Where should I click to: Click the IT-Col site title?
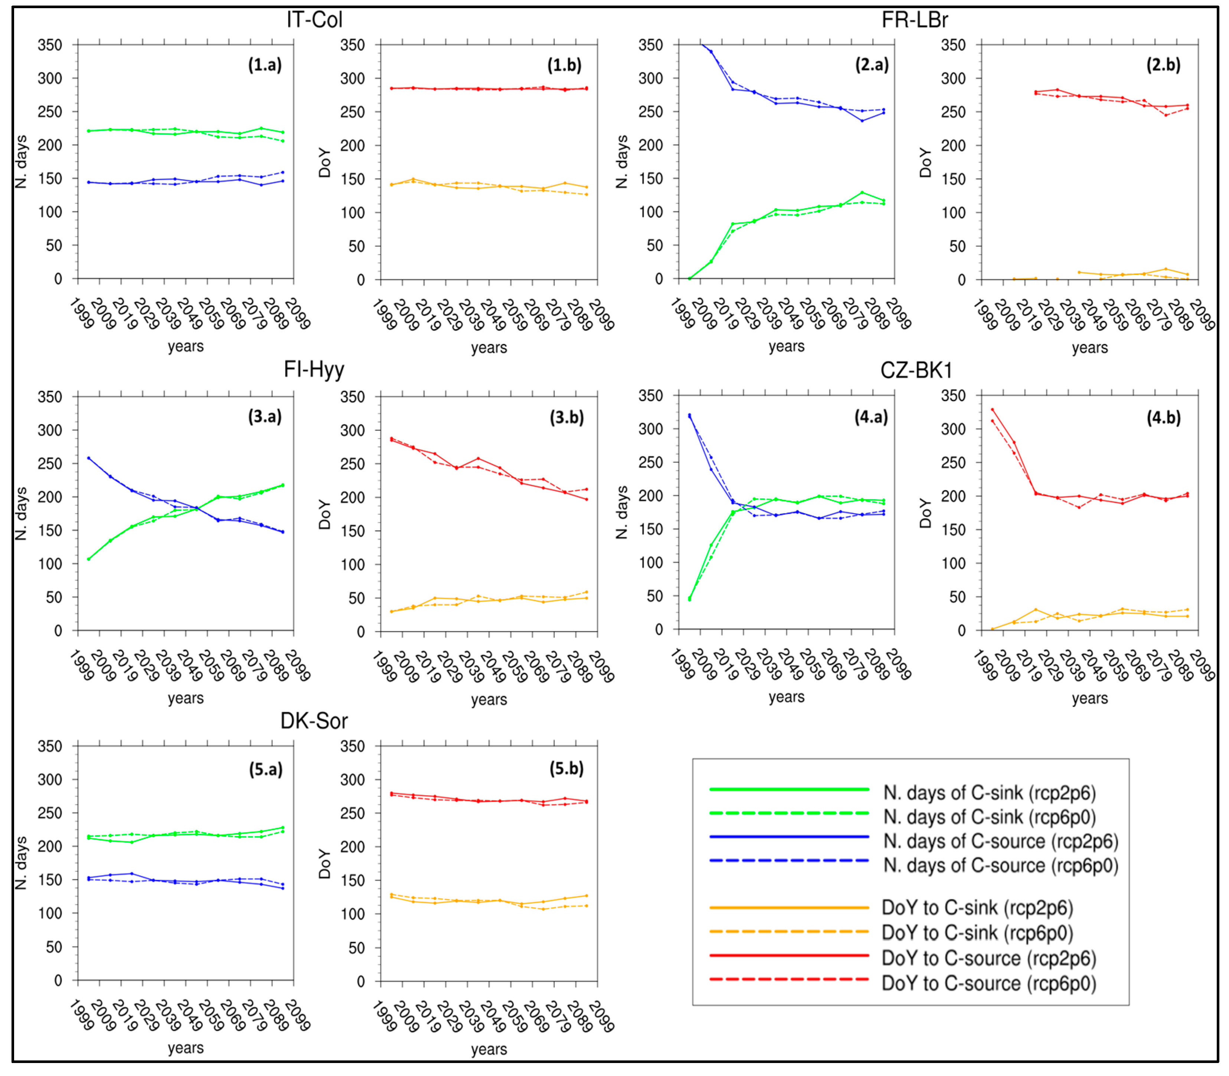pyautogui.click(x=314, y=20)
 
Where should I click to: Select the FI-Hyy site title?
pyautogui.click(x=314, y=369)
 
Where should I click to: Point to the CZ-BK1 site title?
pyautogui.click(x=916, y=370)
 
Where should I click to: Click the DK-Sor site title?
pyautogui.click(x=314, y=721)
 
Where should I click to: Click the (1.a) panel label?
pyautogui.click(x=265, y=65)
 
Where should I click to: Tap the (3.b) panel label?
pyautogui.click(x=566, y=417)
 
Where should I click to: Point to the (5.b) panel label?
pyautogui.click(x=566, y=768)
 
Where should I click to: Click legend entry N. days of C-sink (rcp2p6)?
pyautogui.click(x=989, y=793)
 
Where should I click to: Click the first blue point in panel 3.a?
pyautogui.click(x=89, y=458)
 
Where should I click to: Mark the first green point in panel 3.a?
pyautogui.click(x=89, y=559)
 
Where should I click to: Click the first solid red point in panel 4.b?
pyautogui.click(x=992, y=410)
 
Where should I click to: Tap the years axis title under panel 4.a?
pyautogui.click(x=786, y=697)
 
